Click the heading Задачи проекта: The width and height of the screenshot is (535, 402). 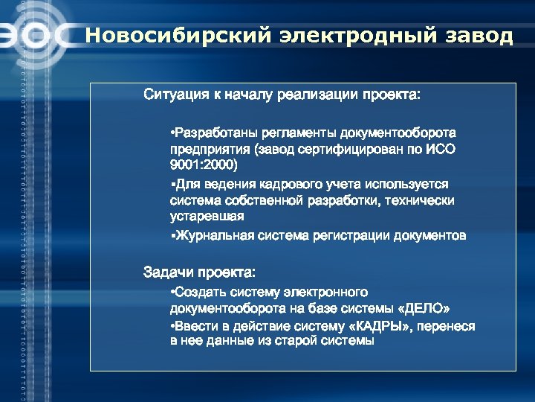coord(199,272)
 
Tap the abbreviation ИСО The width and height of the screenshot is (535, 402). coord(439,149)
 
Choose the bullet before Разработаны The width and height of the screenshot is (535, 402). coord(172,133)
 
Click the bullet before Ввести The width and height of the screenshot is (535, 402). coord(172,326)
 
